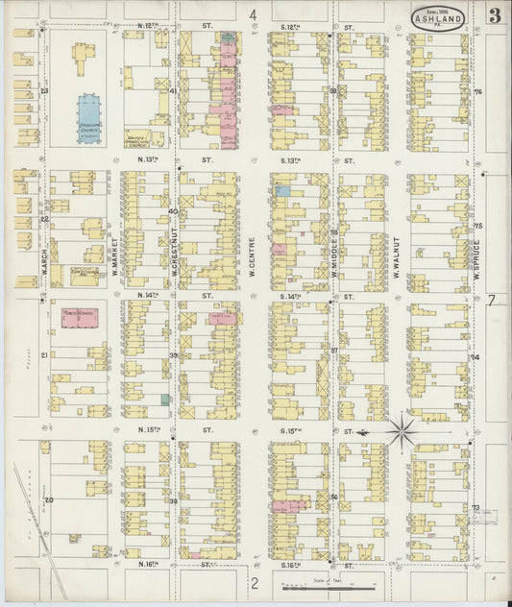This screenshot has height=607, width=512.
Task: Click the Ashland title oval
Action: (440, 17)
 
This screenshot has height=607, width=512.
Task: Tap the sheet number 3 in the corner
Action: (493, 15)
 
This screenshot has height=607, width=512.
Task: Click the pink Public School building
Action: (79, 319)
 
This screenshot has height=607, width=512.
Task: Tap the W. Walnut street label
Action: (395, 257)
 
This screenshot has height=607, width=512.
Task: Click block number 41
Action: (173, 92)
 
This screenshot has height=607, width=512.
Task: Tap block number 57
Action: (334, 351)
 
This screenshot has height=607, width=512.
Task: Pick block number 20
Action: (48, 500)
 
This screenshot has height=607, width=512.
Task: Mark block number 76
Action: (476, 92)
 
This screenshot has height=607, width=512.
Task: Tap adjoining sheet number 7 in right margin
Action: (491, 300)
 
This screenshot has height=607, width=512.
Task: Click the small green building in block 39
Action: (165, 399)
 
